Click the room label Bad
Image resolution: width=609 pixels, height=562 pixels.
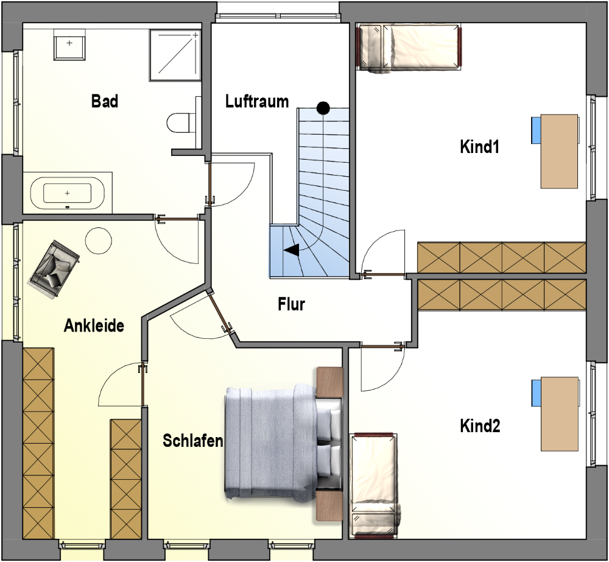click(x=105, y=101)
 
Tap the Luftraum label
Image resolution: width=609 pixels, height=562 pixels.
click(x=257, y=101)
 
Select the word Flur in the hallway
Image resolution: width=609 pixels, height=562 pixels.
click(x=291, y=304)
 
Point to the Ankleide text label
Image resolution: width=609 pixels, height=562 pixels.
click(x=94, y=326)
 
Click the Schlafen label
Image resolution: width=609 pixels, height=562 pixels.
click(x=192, y=441)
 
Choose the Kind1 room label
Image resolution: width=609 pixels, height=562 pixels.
click(x=480, y=147)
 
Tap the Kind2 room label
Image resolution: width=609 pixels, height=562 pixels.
click(x=480, y=426)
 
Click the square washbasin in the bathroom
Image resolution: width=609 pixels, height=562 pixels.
click(x=69, y=44)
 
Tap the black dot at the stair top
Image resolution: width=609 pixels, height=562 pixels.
click(x=323, y=108)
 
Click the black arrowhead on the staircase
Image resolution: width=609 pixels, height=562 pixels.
click(x=292, y=249)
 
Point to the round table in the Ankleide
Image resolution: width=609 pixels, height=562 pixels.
click(x=98, y=240)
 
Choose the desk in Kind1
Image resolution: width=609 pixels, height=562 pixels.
click(x=559, y=151)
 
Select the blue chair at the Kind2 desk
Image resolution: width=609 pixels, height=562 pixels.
click(x=537, y=393)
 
